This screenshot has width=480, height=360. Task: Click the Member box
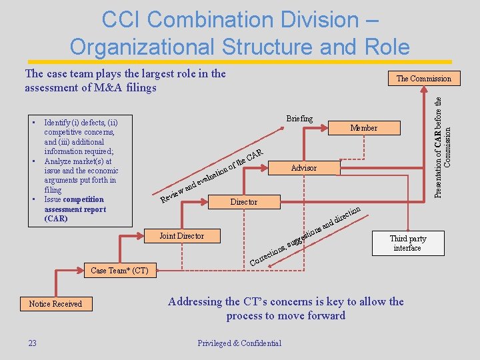click(363, 128)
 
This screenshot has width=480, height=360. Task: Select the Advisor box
click(303, 168)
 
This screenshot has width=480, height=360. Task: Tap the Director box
click(243, 201)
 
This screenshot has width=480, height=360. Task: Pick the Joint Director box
click(181, 236)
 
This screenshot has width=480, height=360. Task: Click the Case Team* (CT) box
click(119, 270)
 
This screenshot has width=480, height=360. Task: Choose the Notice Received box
click(55, 304)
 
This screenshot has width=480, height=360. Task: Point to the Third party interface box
click(407, 243)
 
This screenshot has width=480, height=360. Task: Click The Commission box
click(423, 79)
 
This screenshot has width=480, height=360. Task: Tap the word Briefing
click(299, 119)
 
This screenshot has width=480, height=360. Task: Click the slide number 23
click(32, 343)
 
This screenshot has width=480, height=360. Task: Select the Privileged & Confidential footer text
click(239, 343)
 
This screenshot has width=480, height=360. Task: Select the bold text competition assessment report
click(74, 209)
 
